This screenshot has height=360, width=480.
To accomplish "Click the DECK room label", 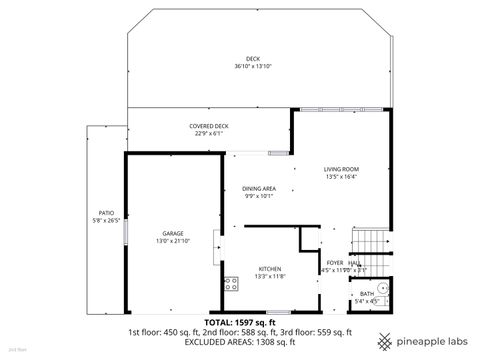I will (x=253, y=58).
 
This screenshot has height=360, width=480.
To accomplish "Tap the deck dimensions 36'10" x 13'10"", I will (x=253, y=66).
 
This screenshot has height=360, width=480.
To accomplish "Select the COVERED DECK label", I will (x=209, y=126).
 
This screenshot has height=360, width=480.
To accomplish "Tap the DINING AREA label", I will (x=259, y=187).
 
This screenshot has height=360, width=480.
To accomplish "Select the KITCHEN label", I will (x=270, y=269).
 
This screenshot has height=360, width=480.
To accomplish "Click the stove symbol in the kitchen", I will (x=230, y=282).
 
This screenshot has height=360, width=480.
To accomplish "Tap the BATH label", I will (x=367, y=293).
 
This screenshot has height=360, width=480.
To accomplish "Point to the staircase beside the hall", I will (x=370, y=243).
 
